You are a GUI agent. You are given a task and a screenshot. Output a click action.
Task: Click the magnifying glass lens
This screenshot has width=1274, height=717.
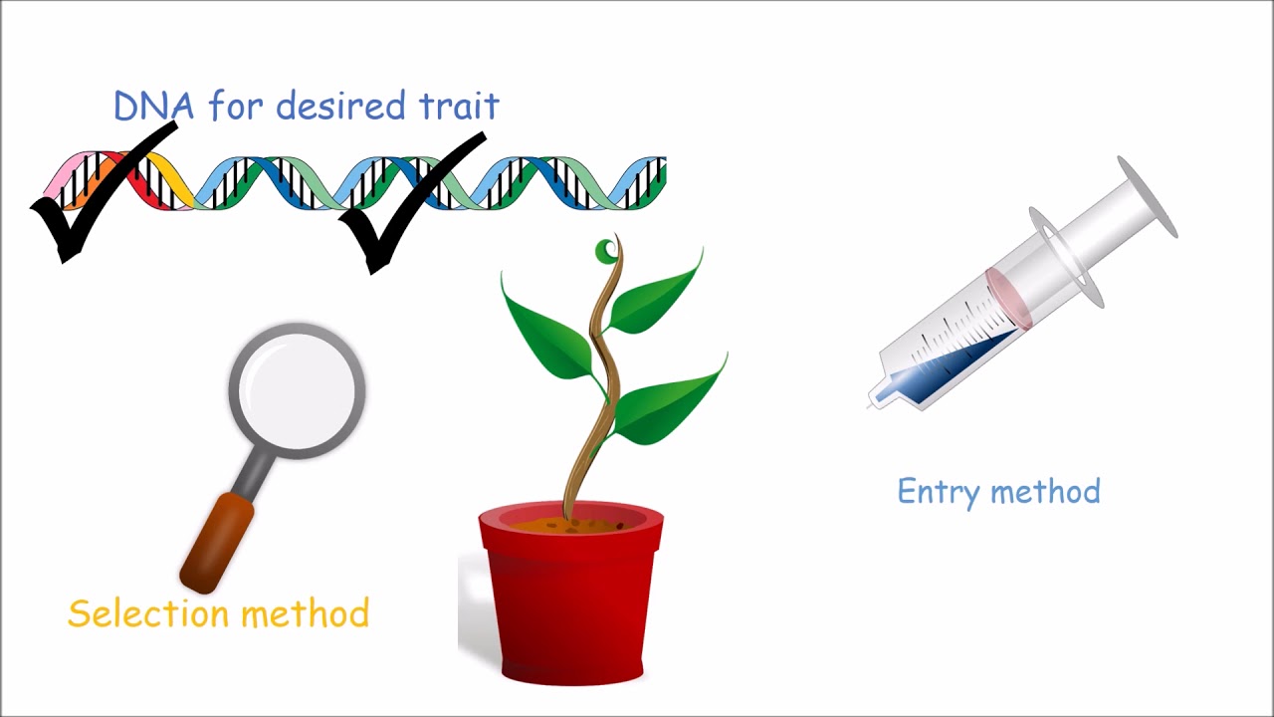coord(297,388)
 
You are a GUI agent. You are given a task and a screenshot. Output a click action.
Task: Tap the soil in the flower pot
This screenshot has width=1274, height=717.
coord(571,521)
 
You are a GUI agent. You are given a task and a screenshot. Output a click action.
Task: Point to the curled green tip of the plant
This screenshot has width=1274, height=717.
coord(605,251)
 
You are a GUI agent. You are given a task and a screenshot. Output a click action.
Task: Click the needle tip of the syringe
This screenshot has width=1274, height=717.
coord(872,404)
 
